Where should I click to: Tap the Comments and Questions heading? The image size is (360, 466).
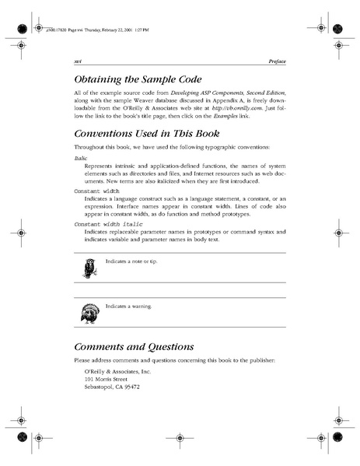point(134,346)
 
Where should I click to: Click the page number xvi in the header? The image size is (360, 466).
point(78,60)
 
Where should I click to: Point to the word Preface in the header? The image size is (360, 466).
point(275,60)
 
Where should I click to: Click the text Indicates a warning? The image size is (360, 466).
point(129,307)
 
